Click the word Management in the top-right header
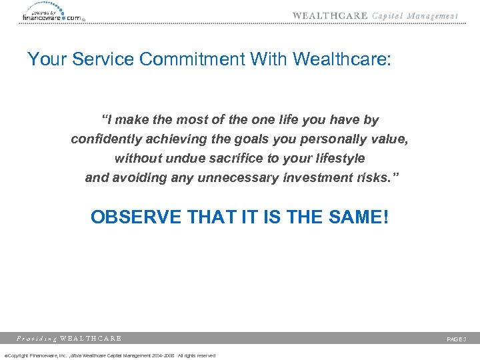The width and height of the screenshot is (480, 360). coord(432,16)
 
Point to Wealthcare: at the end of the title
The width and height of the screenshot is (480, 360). coord(347,60)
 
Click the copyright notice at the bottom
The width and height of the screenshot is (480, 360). coord(110,355)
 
